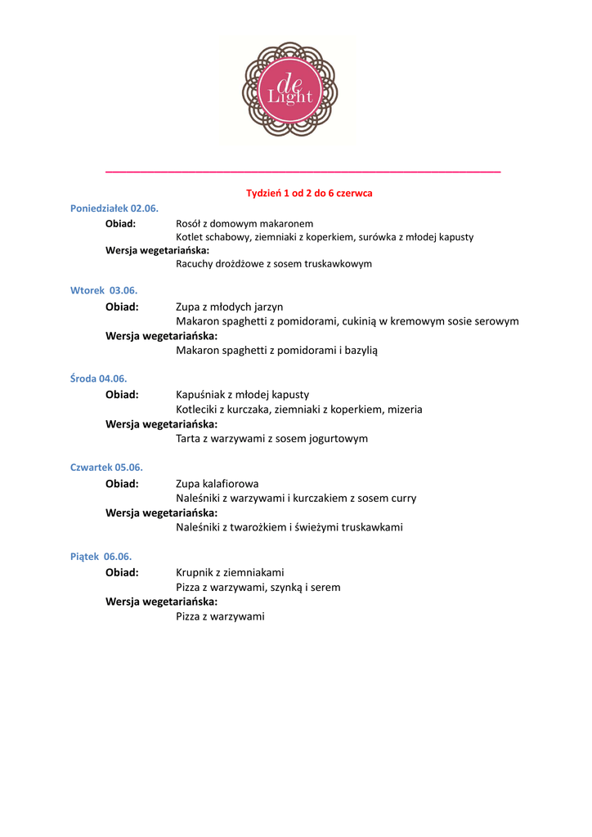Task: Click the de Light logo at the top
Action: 289,89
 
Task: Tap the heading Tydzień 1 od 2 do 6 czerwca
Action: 309,193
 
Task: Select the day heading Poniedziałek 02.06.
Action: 114,208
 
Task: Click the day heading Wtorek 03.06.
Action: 104,290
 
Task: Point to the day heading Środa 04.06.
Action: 98,378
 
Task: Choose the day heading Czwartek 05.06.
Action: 106,468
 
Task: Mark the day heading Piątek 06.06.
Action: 101,557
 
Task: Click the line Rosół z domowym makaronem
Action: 244,223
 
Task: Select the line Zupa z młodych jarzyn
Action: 229,307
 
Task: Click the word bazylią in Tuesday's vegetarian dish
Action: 360,350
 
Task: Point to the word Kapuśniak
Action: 200,395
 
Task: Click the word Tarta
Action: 189,438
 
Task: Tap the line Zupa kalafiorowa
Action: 217,484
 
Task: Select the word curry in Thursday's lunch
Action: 402,498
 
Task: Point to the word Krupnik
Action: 195,572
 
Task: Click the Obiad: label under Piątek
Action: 122,572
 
